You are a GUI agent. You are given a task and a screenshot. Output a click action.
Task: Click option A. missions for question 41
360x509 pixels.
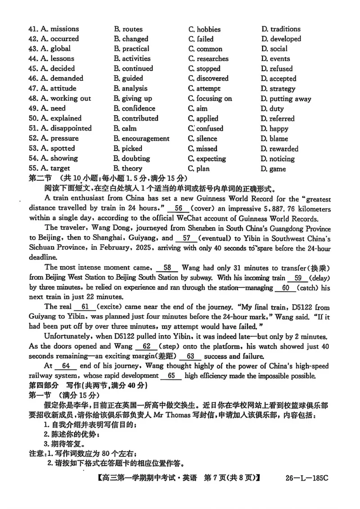click(x=59, y=29)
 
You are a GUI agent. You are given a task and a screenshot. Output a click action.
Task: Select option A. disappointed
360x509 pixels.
click(x=66, y=129)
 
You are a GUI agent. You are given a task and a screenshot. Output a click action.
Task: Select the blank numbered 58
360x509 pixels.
click(x=167, y=268)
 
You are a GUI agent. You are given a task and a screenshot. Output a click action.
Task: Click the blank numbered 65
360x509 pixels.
click(x=171, y=376)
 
